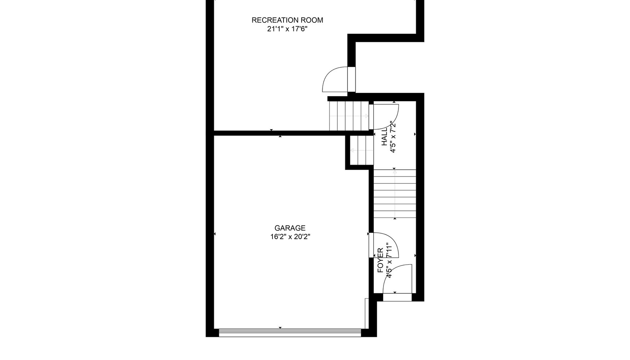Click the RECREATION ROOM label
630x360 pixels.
pyautogui.click(x=287, y=20)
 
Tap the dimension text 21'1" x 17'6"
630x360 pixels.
pyautogui.click(x=287, y=29)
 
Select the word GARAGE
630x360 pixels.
pyautogui.click(x=290, y=228)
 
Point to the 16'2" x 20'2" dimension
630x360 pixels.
pyautogui.click(x=290, y=237)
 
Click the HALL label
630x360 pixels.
pyautogui.click(x=384, y=137)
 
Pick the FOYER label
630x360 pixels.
pyautogui.click(x=380, y=260)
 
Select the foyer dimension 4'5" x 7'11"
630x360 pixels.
pyautogui.click(x=389, y=260)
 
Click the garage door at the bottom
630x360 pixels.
pyautogui.click(x=290, y=333)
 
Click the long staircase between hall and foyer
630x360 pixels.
pyautogui.click(x=395, y=194)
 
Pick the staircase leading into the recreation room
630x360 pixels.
pyautogui.click(x=349, y=116)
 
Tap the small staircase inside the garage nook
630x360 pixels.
pyautogui.click(x=362, y=150)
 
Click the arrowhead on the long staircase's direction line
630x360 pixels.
pyautogui.click(x=395, y=172)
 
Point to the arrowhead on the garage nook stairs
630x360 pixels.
pyautogui.click(x=352, y=151)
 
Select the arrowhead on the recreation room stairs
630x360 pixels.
pyautogui.click(x=367, y=116)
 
